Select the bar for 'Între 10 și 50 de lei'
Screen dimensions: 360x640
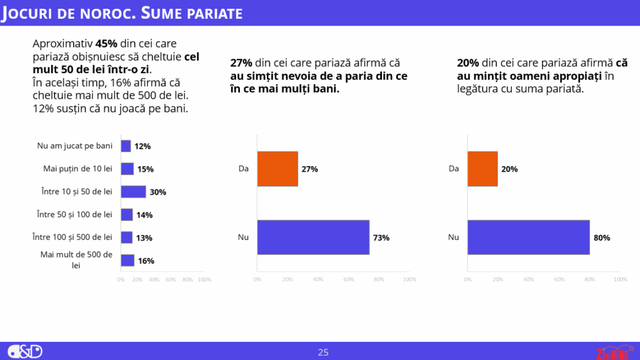tap(132, 192)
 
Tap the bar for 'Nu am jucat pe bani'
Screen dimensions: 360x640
tap(126, 146)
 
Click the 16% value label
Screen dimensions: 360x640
tap(146, 261)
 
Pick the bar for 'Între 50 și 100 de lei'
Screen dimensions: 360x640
tap(127, 215)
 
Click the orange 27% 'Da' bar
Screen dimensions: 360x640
tap(277, 169)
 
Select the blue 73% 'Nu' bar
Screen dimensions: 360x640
tap(312, 237)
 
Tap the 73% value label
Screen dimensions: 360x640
tap(381, 237)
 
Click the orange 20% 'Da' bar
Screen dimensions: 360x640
tap(482, 169)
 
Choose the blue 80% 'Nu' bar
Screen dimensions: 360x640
tap(528, 237)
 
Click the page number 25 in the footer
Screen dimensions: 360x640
tap(323, 352)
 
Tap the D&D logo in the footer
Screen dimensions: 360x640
tap(26, 351)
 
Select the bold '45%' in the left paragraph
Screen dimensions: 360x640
tap(106, 44)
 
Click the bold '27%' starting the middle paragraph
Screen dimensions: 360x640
tap(241, 63)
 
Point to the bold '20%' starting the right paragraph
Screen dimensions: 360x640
tap(468, 63)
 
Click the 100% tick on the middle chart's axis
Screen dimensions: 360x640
tap(409, 279)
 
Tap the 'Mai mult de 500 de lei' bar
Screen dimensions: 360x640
tap(127, 261)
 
